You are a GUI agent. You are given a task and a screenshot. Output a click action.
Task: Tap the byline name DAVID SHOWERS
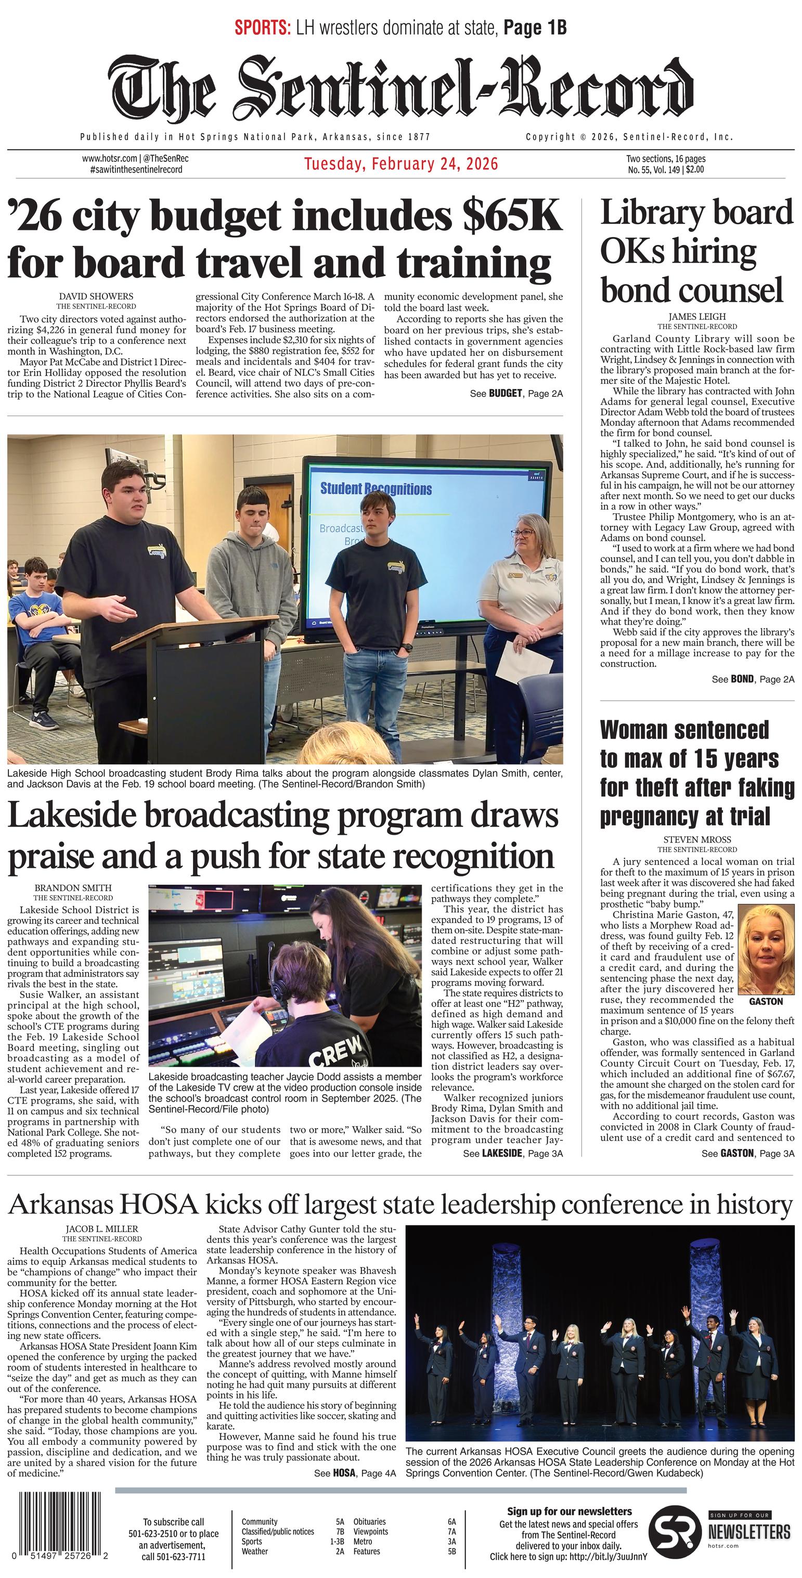(96, 296)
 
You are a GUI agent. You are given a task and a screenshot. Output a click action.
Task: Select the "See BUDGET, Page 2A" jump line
(516, 393)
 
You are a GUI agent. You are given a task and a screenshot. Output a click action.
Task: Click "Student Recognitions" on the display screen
(376, 489)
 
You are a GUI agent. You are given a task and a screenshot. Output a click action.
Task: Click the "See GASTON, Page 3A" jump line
(747, 1154)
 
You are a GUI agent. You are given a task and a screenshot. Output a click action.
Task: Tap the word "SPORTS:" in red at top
(262, 28)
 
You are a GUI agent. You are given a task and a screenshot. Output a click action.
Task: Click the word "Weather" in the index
(254, 1551)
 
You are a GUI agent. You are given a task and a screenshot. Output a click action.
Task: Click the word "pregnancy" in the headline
(650, 817)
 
